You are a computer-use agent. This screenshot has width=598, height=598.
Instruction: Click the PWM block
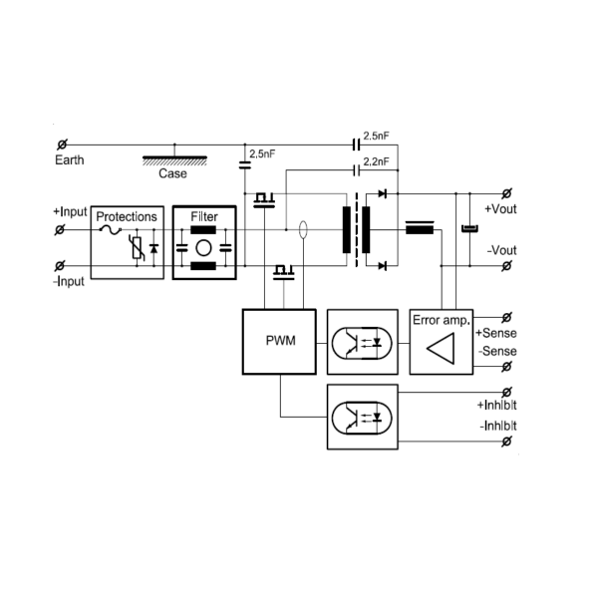pyautogui.click(x=279, y=341)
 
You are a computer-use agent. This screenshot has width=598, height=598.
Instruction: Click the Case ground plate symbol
pyautogui.click(x=173, y=157)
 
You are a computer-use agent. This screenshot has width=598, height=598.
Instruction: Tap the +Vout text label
pyautogui.click(x=501, y=209)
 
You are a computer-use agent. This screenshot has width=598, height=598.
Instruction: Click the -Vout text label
pyautogui.click(x=501, y=249)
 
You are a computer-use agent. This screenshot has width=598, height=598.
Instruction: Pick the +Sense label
pyautogui.click(x=496, y=332)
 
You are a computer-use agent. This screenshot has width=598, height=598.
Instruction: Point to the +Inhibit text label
pyautogui.click(x=499, y=408)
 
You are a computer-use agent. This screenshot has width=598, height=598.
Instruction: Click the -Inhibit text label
pyautogui.click(x=498, y=427)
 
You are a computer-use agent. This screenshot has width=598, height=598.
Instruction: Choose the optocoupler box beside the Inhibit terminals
pyautogui.click(x=362, y=416)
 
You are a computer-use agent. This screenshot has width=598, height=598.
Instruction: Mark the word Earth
pyautogui.click(x=70, y=159)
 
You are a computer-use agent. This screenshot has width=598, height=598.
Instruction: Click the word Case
pyautogui.click(x=172, y=172)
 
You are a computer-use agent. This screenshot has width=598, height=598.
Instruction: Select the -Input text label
pyautogui.click(x=70, y=281)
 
